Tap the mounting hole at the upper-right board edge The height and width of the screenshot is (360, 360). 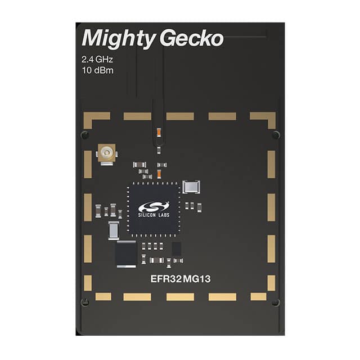tap(275, 135)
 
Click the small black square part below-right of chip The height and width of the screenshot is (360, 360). tap(176, 248)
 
